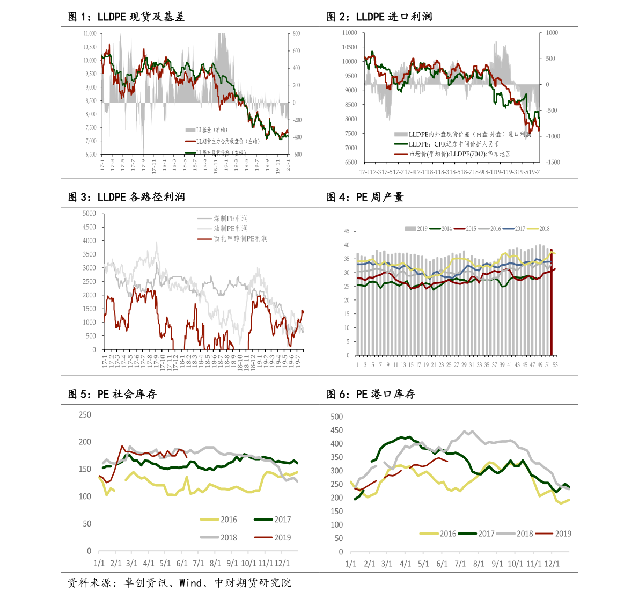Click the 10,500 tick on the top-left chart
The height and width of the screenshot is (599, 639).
click(x=90, y=47)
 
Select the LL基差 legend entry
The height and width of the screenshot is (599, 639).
click(x=206, y=130)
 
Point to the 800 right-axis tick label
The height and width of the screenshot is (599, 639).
click(x=293, y=33)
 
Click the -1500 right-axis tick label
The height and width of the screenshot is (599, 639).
click(x=552, y=162)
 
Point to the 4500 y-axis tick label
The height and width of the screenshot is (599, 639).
click(x=89, y=227)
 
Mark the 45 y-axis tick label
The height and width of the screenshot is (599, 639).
click(x=347, y=231)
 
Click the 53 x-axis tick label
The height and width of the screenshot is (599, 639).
click(x=555, y=365)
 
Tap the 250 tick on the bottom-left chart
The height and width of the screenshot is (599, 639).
click(x=85, y=415)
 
